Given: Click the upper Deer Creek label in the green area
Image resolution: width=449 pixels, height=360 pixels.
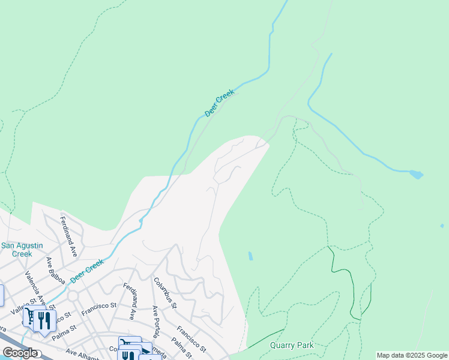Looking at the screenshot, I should pyautogui.click(x=219, y=103).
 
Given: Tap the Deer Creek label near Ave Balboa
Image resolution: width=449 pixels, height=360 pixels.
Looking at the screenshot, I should pyautogui.click(x=87, y=271).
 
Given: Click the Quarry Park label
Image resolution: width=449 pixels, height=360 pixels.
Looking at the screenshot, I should pyautogui.click(x=292, y=345).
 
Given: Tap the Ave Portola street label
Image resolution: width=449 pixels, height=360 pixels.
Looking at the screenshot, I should pyautogui.click(x=157, y=322).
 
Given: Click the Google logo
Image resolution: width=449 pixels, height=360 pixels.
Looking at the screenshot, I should pyautogui.click(x=20, y=353).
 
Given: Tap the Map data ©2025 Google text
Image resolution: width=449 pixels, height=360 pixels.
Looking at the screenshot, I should pyautogui.click(x=411, y=355).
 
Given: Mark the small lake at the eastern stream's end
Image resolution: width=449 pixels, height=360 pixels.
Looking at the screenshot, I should pyautogui.click(x=415, y=175).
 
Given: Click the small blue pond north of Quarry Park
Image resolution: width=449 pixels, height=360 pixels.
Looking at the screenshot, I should pyautogui.click(x=250, y=256).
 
